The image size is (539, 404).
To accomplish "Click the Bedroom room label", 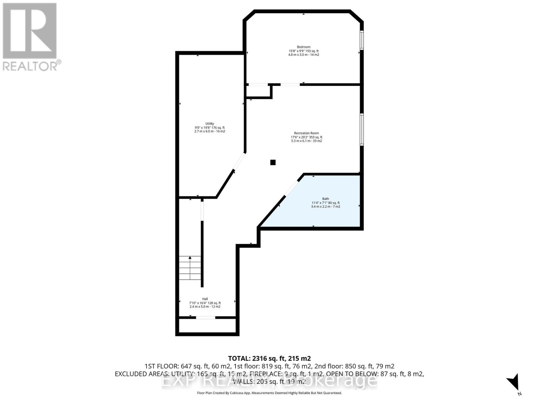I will pos(304,47).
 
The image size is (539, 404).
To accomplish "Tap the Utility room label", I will pos(210,124).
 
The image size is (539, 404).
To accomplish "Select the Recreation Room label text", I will pos(306,133).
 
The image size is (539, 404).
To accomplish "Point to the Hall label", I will pos(205,299).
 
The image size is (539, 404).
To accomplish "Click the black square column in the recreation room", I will pos(273,162).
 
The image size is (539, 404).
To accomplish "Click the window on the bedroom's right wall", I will pos(361,40).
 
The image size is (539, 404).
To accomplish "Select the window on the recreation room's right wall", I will pos(361,129).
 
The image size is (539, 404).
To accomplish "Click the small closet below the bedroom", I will pos(258,92).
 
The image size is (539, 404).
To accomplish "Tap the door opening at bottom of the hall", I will pos(205,317).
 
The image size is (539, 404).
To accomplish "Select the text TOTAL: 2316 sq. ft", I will pos(269,358).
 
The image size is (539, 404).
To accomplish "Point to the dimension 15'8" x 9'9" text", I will pos(303,51).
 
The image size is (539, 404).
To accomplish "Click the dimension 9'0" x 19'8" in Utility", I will pos(210,128).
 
